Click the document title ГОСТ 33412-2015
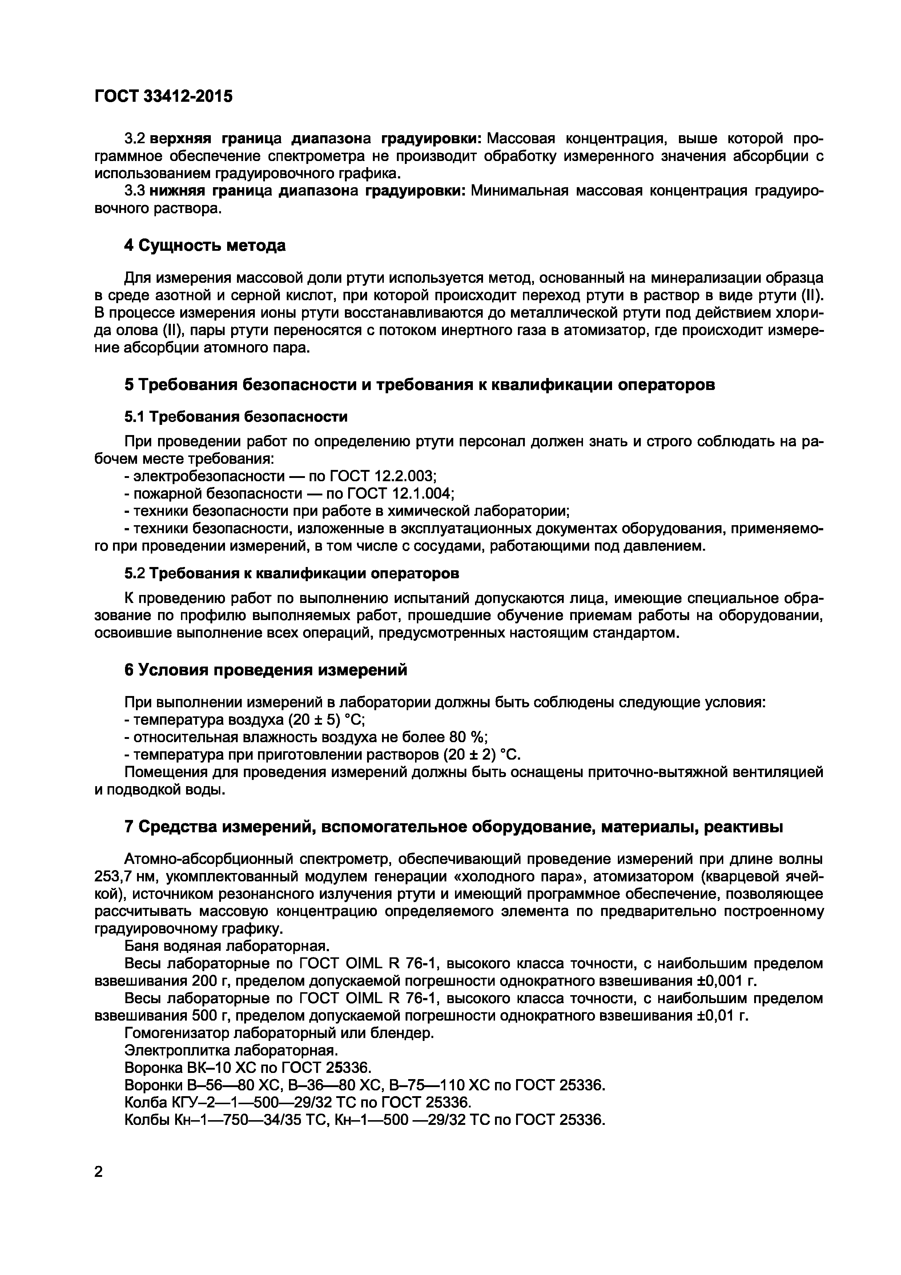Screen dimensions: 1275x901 coord(164,97)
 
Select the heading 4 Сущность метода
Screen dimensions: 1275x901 coord(205,245)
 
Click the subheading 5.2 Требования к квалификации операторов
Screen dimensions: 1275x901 coord(292,573)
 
